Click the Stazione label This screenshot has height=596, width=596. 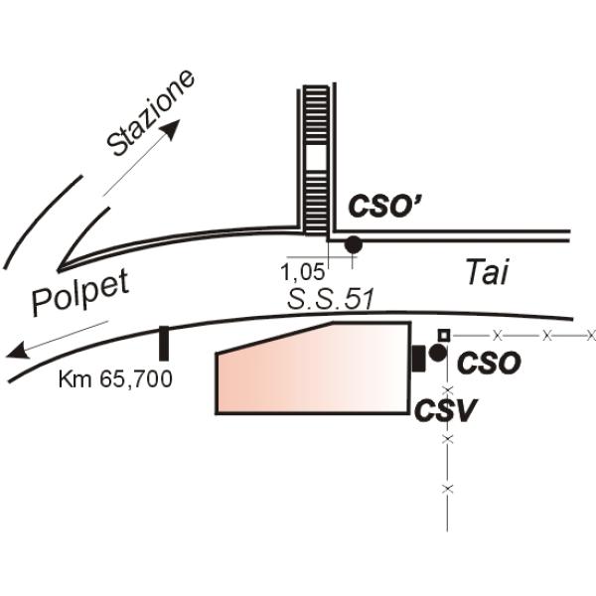(x=151, y=113)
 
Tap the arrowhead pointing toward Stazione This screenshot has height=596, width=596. (x=172, y=129)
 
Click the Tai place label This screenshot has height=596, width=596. (x=487, y=272)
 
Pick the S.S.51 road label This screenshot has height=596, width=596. (x=330, y=298)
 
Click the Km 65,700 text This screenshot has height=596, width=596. (x=115, y=378)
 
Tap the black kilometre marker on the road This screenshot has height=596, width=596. (x=164, y=344)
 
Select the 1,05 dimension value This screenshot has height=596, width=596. (x=303, y=272)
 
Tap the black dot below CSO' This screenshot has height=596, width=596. (x=353, y=244)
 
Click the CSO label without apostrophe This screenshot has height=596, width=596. (x=489, y=363)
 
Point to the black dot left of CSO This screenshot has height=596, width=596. (x=437, y=353)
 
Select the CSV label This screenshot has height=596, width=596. (x=445, y=410)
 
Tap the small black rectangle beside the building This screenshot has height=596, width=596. (x=419, y=359)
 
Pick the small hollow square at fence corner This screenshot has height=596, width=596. (x=444, y=336)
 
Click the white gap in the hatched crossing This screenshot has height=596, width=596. (x=316, y=157)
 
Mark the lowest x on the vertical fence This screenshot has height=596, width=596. (x=448, y=489)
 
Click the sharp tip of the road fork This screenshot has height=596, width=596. (x=59, y=270)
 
